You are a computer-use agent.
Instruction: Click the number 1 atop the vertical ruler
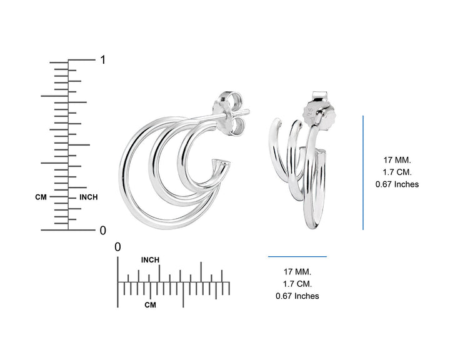[x=102, y=60]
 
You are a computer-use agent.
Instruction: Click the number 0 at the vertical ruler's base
[x=103, y=231]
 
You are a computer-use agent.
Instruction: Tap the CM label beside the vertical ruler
[x=41, y=197]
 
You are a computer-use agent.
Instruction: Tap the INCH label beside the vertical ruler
[x=88, y=197]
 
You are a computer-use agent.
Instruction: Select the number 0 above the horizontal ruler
[x=117, y=247]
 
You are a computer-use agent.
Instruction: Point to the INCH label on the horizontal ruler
[x=150, y=260]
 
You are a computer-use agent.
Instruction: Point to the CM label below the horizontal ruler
[x=150, y=305]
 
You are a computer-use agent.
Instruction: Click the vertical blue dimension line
[x=363, y=172]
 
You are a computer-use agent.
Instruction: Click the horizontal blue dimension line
[x=297, y=256]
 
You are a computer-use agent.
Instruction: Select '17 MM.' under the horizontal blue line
[x=297, y=271]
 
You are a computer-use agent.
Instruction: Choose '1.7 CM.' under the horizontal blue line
[x=297, y=283]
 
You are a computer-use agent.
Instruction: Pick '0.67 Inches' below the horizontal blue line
[x=297, y=296]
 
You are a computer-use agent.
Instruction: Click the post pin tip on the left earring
[x=247, y=112]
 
